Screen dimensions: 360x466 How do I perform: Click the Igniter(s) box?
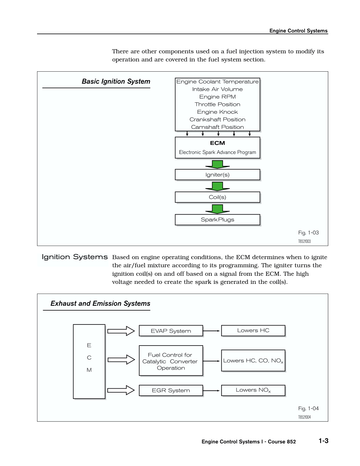point(217,174)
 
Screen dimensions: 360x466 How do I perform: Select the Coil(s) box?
point(217,197)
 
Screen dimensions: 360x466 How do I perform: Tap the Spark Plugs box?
point(217,220)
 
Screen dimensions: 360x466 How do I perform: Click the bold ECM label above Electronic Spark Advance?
point(217,143)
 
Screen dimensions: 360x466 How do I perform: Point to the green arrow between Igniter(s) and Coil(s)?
point(217,186)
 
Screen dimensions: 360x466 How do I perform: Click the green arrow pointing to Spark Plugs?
point(217,209)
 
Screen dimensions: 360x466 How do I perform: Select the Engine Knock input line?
point(217,112)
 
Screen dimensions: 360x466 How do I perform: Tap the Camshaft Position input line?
point(217,127)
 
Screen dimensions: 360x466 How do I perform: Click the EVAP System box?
point(171,331)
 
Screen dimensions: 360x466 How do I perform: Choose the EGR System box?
point(171,390)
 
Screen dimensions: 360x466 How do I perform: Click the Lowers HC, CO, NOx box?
point(253,360)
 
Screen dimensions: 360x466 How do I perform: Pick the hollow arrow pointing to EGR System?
point(121,390)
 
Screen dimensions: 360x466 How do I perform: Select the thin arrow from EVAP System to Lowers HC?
point(211,331)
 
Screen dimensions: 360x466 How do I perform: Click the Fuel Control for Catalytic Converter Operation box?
point(171,360)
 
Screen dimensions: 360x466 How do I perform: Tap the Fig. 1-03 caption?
point(308,233)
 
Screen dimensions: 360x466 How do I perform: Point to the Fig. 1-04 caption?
point(308,408)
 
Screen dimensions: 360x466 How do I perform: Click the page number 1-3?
point(324,441)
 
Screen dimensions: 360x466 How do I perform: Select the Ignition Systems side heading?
point(74,257)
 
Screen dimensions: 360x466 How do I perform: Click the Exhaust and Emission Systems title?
point(100,304)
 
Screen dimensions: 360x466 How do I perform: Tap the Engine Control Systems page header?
point(299,31)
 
